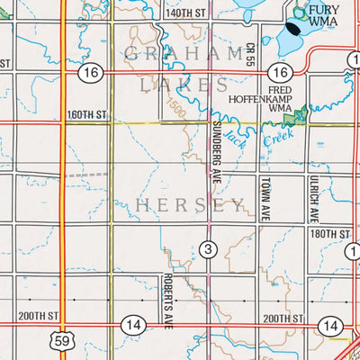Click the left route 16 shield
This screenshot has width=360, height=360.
87,72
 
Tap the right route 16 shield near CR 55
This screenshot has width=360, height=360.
282,72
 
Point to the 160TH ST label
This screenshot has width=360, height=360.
86,115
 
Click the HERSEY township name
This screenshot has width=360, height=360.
190,205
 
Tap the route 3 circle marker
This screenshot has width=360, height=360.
207,248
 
